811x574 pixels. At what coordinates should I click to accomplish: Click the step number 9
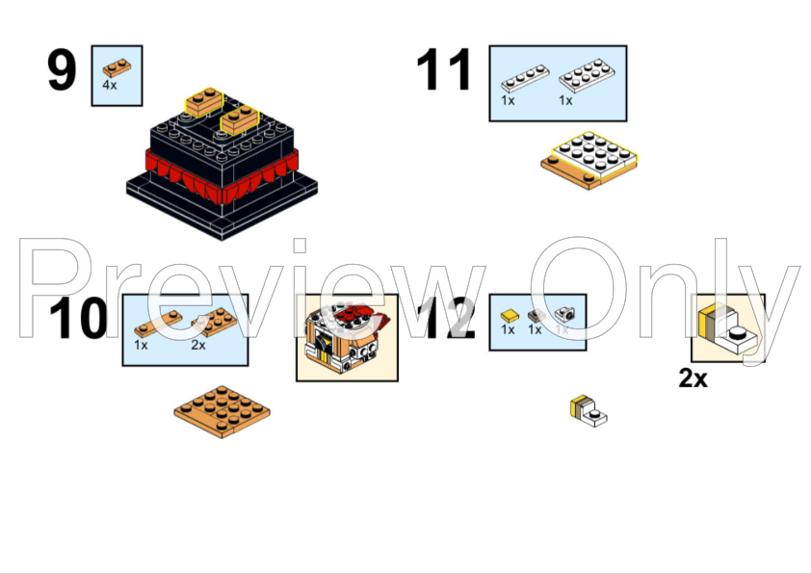point(62,73)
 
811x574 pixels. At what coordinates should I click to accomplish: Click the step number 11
point(444,73)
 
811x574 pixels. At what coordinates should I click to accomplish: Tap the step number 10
point(80,320)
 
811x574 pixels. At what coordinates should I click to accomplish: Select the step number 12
point(449,320)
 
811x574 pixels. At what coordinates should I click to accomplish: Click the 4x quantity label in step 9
point(110,86)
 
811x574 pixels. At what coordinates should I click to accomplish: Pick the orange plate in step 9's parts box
point(117,66)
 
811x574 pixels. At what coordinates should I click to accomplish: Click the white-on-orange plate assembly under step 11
point(590,159)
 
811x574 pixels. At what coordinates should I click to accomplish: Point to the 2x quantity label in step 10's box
point(198,344)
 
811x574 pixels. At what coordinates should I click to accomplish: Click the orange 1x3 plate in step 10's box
point(156,325)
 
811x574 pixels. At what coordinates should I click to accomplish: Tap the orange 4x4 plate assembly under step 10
point(222,410)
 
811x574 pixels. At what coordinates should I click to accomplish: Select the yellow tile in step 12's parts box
point(510,314)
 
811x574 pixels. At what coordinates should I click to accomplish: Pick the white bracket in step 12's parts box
point(564,313)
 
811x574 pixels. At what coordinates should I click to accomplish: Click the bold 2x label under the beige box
point(693,378)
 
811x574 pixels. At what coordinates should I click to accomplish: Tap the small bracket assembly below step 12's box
point(588,410)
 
